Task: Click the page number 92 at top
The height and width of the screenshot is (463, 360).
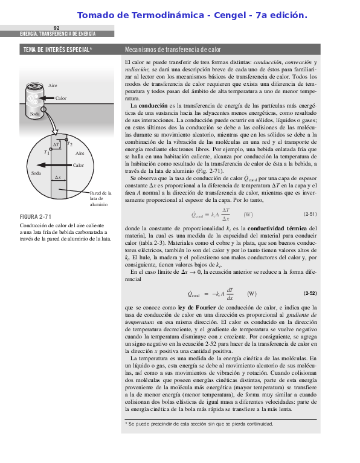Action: coord(57,28)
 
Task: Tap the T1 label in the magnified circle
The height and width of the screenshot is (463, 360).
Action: coord(47,152)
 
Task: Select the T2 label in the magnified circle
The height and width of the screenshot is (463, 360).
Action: coord(70,144)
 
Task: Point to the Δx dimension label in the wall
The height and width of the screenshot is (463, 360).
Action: coord(58,177)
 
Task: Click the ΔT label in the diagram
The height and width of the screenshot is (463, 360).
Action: coord(56,145)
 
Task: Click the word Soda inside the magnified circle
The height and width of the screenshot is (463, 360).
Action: coord(36,173)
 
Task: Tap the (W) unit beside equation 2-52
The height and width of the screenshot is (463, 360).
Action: coord(252,294)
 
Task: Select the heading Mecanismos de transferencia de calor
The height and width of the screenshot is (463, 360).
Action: coord(173,50)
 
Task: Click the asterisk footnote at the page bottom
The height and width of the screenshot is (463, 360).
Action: coord(199,424)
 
